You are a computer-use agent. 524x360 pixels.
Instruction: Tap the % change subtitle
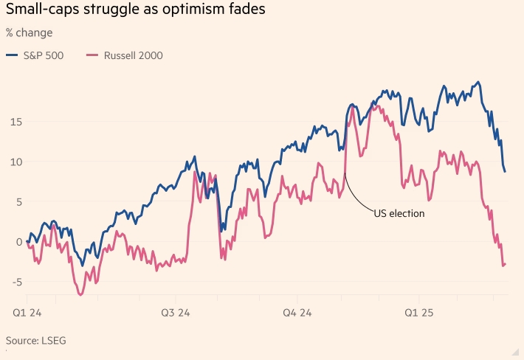[x=29, y=33]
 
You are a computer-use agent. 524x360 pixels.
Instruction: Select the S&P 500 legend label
[x=44, y=55]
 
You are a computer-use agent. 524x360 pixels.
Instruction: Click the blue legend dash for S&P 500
[x=12, y=55]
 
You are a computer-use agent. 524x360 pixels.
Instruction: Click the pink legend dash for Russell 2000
[x=92, y=55]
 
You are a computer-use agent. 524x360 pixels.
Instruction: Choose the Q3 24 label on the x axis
[x=175, y=313]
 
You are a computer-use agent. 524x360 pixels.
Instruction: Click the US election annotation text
[x=399, y=212]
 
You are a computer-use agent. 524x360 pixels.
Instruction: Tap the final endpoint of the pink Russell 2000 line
[x=506, y=264]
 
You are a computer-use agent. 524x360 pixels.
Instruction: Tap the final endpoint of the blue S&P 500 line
[x=506, y=172]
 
